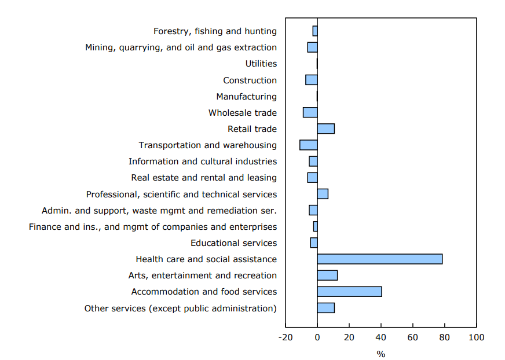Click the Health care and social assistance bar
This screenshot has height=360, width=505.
pyautogui.click(x=379, y=259)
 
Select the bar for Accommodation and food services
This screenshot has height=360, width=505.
pyautogui.click(x=349, y=292)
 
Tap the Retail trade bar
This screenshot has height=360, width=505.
pyautogui.click(x=325, y=128)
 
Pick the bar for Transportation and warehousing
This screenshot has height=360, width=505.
pyautogui.click(x=308, y=145)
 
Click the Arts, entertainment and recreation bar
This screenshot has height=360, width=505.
pyautogui.click(x=327, y=275)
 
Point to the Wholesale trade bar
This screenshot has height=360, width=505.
pyautogui.click(x=310, y=112)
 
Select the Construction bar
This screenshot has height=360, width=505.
pyautogui.click(x=311, y=80)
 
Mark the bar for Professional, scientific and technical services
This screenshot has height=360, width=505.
pyautogui.click(x=323, y=194)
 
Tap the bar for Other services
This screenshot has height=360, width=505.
pyautogui.click(x=325, y=308)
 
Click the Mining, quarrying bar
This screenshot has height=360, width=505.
pyautogui.click(x=312, y=47)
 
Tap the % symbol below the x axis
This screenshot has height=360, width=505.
pyautogui.click(x=380, y=354)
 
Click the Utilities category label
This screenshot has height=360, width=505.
pyautogui.click(x=261, y=64)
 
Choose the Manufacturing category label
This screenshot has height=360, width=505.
pyautogui.click(x=246, y=97)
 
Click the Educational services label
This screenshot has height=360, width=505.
pyautogui.click(x=233, y=243)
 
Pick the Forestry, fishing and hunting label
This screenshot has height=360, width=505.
pyautogui.click(x=215, y=31)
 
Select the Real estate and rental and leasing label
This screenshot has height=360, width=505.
pyautogui.click(x=204, y=178)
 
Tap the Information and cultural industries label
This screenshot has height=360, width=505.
pyautogui.click(x=203, y=161)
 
